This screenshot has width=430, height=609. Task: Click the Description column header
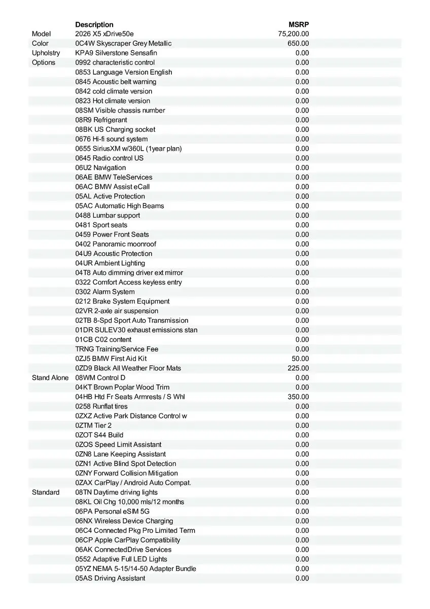point(94,24)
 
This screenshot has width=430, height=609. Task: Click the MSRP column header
point(299,24)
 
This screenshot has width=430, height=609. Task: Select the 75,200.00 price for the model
point(294,34)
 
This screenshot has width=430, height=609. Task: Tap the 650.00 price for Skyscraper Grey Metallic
point(298,44)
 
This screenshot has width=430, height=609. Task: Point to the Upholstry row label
point(46,53)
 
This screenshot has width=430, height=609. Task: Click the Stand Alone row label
point(50,378)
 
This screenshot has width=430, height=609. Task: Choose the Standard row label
point(46,492)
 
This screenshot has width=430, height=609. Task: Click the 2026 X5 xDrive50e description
point(104,34)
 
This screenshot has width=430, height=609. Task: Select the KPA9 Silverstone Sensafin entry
point(116,53)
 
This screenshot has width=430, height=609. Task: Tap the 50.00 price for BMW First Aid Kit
point(300,358)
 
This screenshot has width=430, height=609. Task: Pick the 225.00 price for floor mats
point(298,368)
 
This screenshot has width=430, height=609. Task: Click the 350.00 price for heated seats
point(298,397)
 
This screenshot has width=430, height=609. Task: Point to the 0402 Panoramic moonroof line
point(116,244)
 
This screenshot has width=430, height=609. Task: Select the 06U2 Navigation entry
point(100,167)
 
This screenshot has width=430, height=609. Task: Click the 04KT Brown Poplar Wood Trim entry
point(122,387)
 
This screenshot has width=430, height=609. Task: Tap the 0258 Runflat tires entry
point(101,407)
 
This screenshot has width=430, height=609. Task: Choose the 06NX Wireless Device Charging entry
point(124,521)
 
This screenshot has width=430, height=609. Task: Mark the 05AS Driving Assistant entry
point(110,578)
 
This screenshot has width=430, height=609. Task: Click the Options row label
point(44,62)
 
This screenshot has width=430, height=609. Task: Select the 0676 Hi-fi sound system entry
point(112,139)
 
